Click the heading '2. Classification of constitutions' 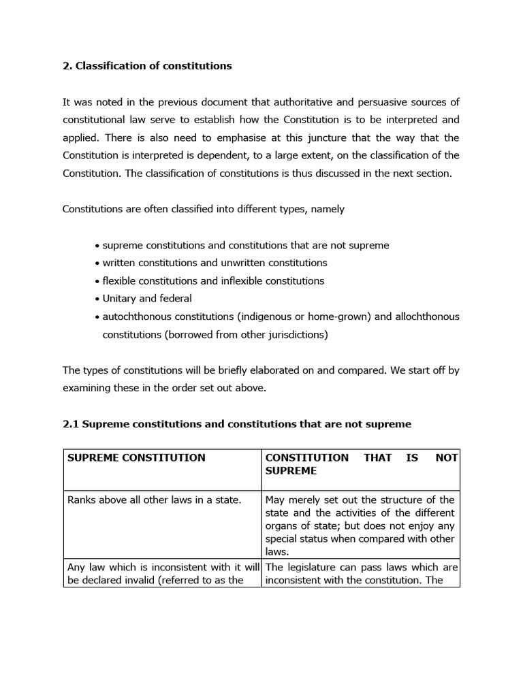click(x=147, y=66)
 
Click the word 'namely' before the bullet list click(x=328, y=209)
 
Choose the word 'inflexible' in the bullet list click(x=244, y=280)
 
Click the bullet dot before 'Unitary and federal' click(x=98, y=299)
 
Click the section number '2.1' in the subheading click(x=71, y=424)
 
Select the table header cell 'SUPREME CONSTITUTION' click(x=136, y=457)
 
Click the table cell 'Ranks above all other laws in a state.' click(x=154, y=500)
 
